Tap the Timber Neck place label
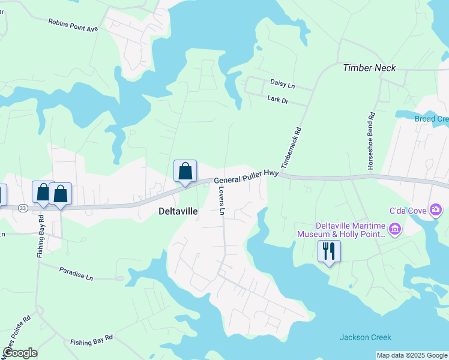pos(369,68)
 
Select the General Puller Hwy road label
pos(246,177)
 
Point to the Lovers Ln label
pos(221,200)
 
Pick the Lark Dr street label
pos(278,100)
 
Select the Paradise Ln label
pos(76,274)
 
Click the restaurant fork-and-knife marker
pos(329,251)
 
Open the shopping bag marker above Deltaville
pos(185,171)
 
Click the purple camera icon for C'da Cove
pos(436,209)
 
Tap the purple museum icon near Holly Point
pos(394,229)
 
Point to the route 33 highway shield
pos(23,208)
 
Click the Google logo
pos(20,353)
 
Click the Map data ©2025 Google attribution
pos(412,355)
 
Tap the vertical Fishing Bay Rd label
pos(41,236)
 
